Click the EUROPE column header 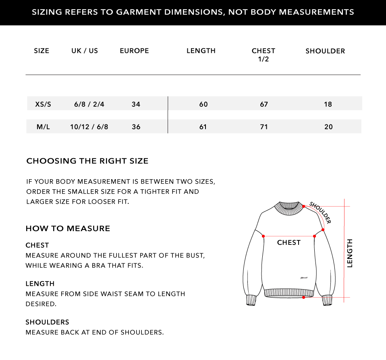coord(134,51)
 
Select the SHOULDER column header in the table coord(325,51)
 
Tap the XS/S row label coord(43,104)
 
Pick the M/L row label coord(43,127)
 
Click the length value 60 coord(203,104)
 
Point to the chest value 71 coord(264,127)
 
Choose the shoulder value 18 coord(328,104)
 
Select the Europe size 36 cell coord(136,127)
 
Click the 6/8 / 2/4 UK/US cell coord(89,104)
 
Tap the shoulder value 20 coord(328,127)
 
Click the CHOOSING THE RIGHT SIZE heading coord(87,161)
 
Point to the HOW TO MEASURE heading coord(68,229)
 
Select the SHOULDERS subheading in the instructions coord(47,322)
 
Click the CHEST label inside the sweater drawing coord(289,242)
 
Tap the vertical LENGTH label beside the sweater coord(350,253)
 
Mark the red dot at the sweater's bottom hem coord(303,298)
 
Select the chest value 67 coord(264,104)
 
